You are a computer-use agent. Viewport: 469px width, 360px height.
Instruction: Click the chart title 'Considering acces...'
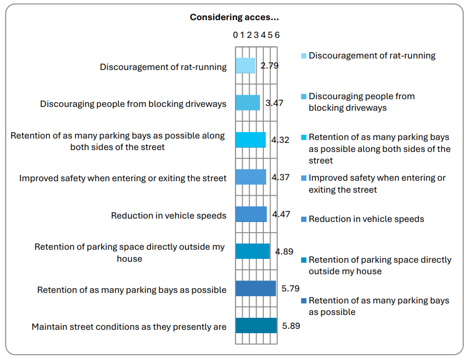click(x=234, y=18)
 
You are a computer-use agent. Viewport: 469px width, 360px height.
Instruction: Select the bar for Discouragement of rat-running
click(x=245, y=65)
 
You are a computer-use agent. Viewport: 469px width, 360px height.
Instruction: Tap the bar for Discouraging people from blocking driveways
click(x=248, y=103)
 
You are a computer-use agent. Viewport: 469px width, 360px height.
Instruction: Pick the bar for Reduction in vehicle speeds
click(x=251, y=214)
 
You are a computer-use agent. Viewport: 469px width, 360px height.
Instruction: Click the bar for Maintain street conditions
click(x=256, y=326)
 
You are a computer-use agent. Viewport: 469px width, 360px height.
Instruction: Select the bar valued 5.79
click(x=256, y=289)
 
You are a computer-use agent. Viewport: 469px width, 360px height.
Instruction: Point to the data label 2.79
click(x=269, y=65)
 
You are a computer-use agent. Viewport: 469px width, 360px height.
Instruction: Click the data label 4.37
click(x=281, y=177)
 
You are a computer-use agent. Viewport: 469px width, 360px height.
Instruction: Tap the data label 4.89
click(x=284, y=252)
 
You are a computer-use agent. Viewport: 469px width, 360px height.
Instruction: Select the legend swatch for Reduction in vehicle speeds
click(x=303, y=219)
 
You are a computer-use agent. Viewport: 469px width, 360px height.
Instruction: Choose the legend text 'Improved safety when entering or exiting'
click(x=377, y=184)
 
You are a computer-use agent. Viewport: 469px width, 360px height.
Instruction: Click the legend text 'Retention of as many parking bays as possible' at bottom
click(x=378, y=306)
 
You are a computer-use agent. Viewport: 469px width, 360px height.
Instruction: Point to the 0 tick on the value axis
click(x=235, y=35)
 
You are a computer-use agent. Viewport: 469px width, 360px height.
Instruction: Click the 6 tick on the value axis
click(x=277, y=35)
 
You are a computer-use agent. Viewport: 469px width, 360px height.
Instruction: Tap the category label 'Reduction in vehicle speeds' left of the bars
click(x=169, y=215)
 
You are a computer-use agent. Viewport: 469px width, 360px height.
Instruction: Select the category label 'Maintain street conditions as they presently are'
click(x=129, y=327)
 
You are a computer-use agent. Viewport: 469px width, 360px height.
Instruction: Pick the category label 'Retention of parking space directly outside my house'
click(x=129, y=253)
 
